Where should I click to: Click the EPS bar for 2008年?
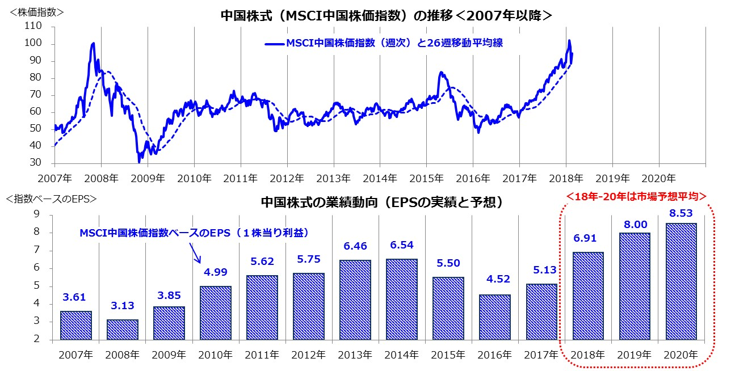coord(123,330)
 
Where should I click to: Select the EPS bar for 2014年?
coord(402,300)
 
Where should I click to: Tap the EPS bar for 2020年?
coord(681,281)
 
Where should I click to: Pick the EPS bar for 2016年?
coord(495,317)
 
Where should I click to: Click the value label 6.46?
coord(355,247)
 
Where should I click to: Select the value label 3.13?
coord(123,306)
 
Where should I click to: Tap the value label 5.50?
coord(448,264)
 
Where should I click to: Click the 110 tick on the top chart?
coord(33,26)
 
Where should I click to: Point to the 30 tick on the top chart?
coord(36,163)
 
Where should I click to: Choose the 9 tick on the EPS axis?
coord(36,214)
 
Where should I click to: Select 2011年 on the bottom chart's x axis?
coord(262,355)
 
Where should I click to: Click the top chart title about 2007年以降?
coord(386,16)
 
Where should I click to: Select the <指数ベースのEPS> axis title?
coord(51,199)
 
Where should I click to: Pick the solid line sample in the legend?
coord(274,43)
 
